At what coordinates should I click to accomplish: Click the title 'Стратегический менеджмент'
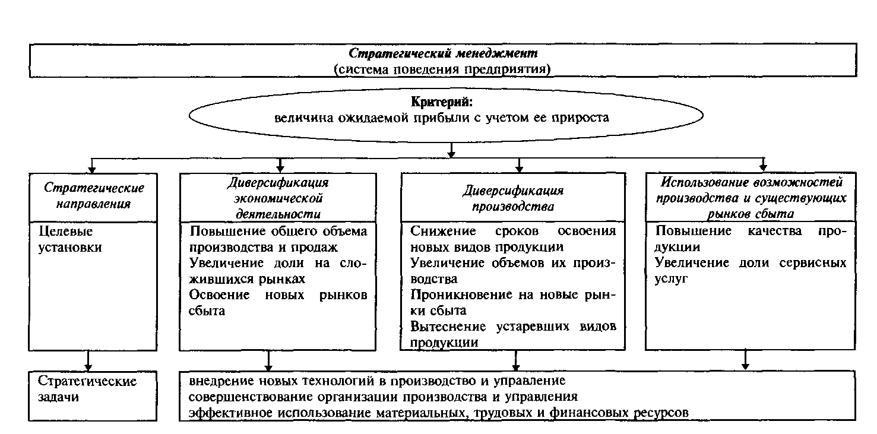(x=442, y=53)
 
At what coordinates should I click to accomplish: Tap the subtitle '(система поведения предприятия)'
(x=442, y=69)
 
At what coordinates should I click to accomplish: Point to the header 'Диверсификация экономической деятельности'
(x=278, y=198)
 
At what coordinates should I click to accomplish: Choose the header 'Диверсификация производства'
(x=513, y=199)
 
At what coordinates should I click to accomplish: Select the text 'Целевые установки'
(x=69, y=239)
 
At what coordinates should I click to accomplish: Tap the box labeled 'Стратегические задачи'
(x=87, y=388)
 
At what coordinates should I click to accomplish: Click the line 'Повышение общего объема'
(x=278, y=232)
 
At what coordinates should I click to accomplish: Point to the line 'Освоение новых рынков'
(x=278, y=295)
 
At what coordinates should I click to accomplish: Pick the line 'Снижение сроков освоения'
(x=513, y=231)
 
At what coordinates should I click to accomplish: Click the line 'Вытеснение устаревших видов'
(x=513, y=327)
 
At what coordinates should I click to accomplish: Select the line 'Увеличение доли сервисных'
(x=751, y=263)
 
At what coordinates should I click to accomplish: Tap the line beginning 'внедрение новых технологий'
(x=377, y=381)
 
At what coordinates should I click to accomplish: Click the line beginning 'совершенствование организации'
(x=384, y=396)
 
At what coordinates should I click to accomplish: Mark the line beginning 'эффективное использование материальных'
(x=438, y=412)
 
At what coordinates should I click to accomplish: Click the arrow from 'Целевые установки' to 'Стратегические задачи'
(x=88, y=360)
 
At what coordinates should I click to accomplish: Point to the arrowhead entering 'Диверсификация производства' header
(x=520, y=167)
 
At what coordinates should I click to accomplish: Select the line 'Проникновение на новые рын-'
(x=513, y=295)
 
